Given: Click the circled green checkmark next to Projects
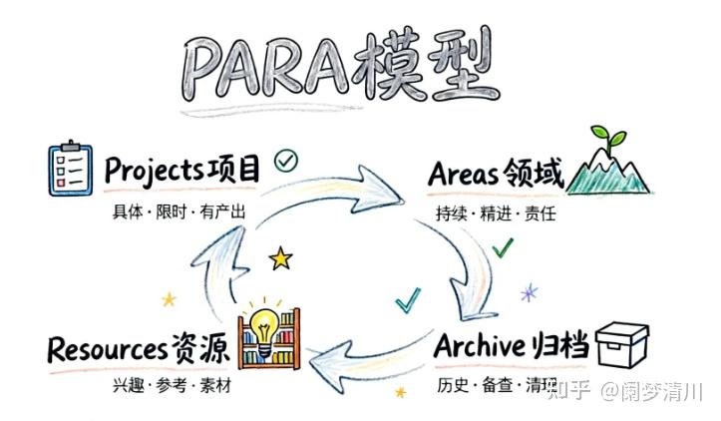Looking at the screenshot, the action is (x=286, y=160).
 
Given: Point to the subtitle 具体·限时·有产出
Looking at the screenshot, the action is (x=179, y=212).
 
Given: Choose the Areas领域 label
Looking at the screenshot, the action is (x=496, y=175).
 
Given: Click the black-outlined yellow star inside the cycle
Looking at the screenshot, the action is (x=282, y=259).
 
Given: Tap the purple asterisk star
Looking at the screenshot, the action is (x=530, y=291).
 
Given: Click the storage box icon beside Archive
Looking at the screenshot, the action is (x=621, y=344).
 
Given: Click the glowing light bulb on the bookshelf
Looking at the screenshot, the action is (x=265, y=324).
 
